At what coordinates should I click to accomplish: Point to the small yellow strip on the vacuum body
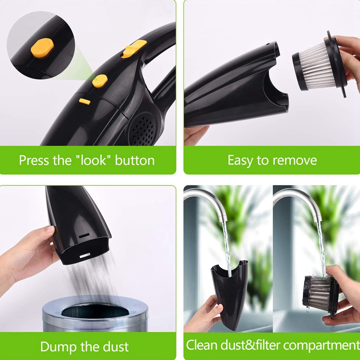click(x=85, y=102)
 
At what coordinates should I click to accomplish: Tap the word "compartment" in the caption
click(x=321, y=346)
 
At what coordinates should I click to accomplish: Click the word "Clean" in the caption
click(x=202, y=346)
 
